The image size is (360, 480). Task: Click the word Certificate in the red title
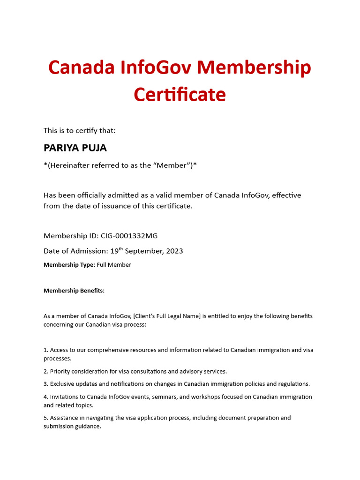pyautogui.click(x=180, y=95)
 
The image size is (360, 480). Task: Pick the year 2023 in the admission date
pyautogui.click(x=174, y=251)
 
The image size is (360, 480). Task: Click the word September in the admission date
pyautogui.click(x=143, y=251)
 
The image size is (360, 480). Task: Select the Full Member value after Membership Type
pyautogui.click(x=114, y=265)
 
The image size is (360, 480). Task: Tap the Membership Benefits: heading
pyautogui.click(x=74, y=291)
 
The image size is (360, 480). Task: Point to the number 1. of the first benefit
pyautogui.click(x=45, y=350)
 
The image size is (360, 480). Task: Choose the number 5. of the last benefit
pyautogui.click(x=45, y=418)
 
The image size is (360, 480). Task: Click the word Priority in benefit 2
pyautogui.click(x=60, y=371)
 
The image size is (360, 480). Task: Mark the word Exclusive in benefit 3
pyautogui.click(x=63, y=384)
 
